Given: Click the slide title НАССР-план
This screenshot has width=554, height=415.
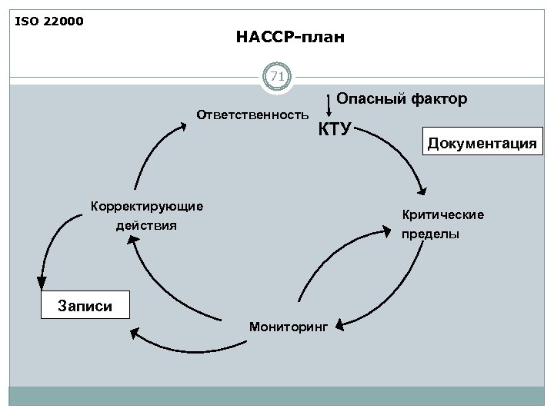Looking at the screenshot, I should (x=291, y=36).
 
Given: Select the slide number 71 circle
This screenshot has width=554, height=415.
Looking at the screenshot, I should (x=277, y=77).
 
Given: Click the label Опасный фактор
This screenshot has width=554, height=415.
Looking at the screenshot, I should (x=402, y=99).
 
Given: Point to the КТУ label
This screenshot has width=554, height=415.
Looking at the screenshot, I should (x=335, y=128).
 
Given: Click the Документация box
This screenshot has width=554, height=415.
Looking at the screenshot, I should (x=482, y=142).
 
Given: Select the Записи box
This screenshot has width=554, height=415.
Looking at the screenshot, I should (x=85, y=305).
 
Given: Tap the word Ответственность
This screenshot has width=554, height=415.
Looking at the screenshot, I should (x=252, y=115).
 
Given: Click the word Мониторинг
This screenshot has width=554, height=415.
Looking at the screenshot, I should (x=288, y=327).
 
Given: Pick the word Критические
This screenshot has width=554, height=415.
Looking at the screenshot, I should (x=440, y=215).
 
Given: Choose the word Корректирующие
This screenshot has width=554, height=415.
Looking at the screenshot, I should (x=147, y=206).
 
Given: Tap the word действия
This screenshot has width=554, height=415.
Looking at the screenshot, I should (x=146, y=225).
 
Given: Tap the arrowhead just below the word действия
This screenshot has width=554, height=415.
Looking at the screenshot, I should (x=133, y=243).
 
